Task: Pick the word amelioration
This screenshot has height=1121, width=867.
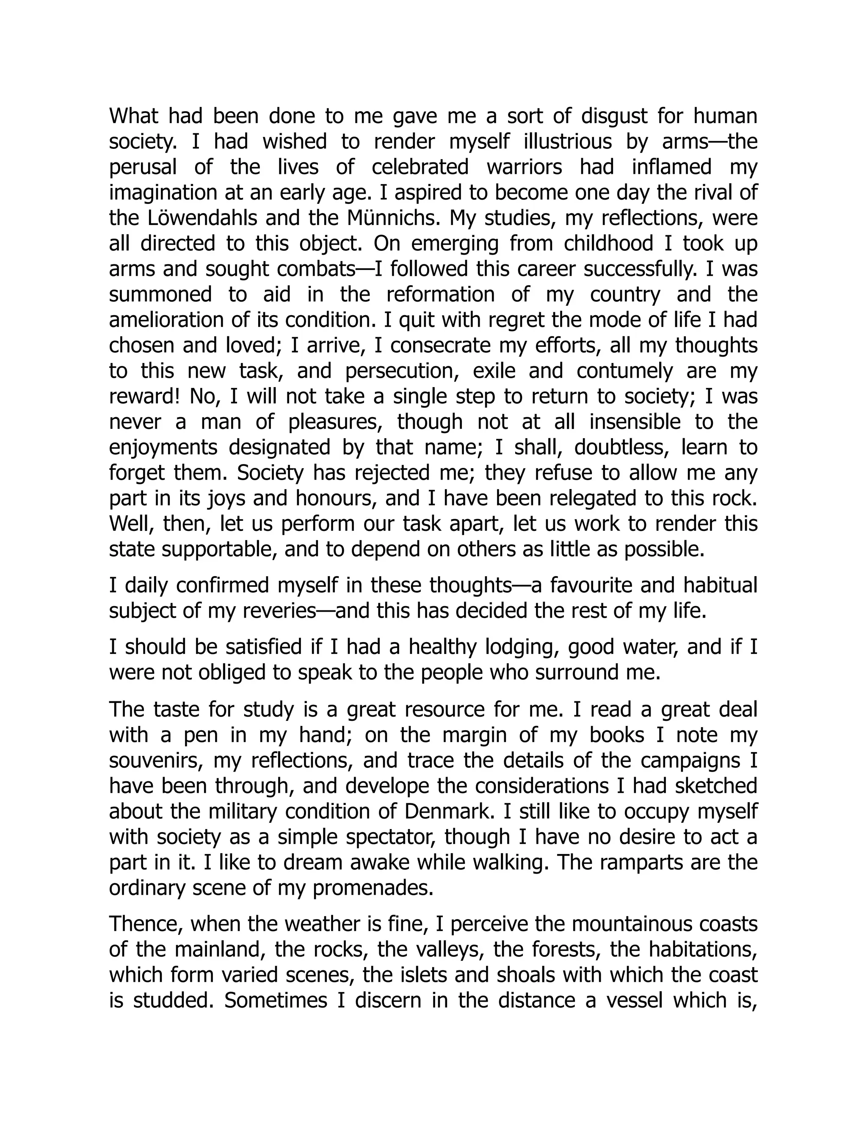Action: pyautogui.click(x=164, y=320)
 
